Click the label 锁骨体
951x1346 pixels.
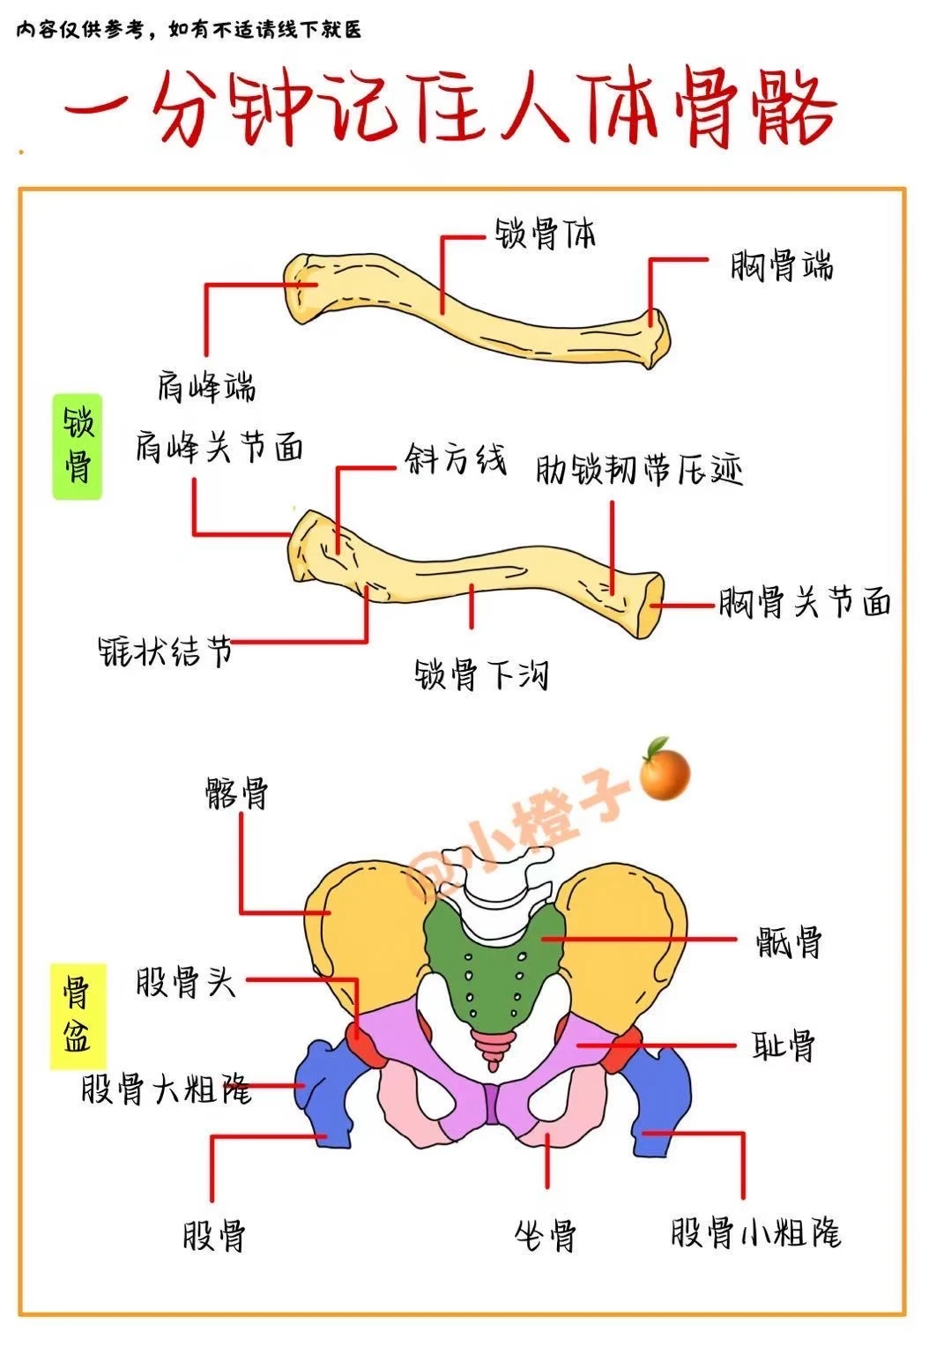545,234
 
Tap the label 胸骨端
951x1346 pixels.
782,265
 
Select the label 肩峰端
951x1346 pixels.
206,386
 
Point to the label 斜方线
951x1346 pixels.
455,459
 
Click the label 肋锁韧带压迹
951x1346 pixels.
639,469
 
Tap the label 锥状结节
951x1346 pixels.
165,651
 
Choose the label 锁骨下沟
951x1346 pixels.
481,674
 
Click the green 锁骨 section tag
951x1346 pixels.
78,447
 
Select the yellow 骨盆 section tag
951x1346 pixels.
78,1015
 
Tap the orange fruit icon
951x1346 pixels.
664,770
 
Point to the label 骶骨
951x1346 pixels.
788,941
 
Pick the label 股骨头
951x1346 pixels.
185,982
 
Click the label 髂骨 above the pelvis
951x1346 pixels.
237,793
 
